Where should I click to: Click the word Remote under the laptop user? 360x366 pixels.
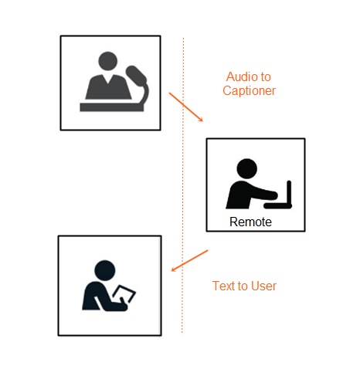[x=250, y=222]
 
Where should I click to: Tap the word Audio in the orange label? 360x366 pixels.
[x=240, y=76]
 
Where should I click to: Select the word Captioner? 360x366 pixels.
[x=249, y=91]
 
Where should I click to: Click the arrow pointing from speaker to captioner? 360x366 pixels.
[x=186, y=107]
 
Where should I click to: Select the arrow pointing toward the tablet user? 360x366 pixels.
[x=189, y=260]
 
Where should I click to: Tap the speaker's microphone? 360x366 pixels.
[x=137, y=85]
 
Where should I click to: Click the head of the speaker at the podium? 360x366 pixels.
[x=108, y=61]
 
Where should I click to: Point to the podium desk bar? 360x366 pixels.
[x=112, y=107]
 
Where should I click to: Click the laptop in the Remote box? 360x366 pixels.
[x=278, y=195]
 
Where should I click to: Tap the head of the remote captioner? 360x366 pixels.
[x=246, y=169]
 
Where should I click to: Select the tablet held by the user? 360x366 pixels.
[x=124, y=293]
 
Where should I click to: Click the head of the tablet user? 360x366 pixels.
[x=105, y=270]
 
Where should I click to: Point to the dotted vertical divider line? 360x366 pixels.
[x=183, y=185]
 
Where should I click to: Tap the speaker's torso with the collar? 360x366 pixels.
[x=108, y=86]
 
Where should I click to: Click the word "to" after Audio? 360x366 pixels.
[x=266, y=77]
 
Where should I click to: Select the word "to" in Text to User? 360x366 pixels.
[x=243, y=286]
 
